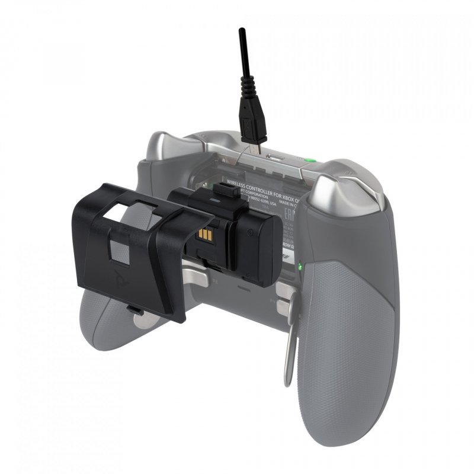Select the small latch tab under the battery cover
coord(133,309)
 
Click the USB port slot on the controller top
coord(276,158)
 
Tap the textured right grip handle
coord(344,344)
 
